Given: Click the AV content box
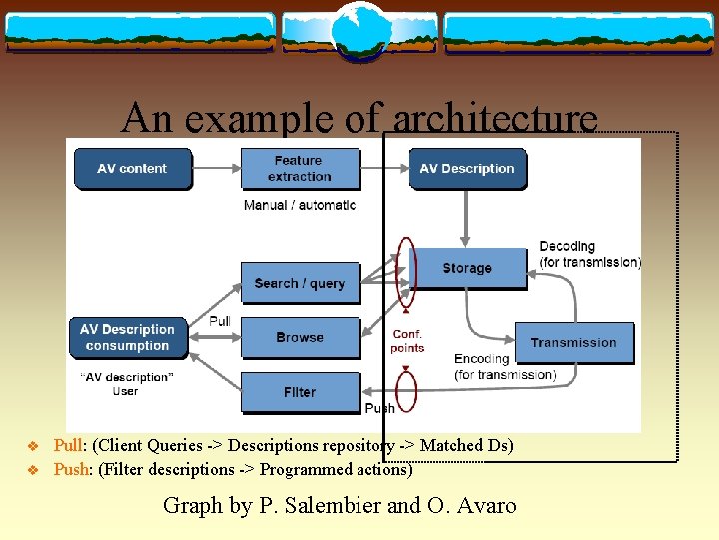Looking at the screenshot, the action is [x=133, y=169].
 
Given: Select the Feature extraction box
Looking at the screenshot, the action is [x=301, y=169].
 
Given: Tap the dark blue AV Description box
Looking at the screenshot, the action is [x=468, y=169].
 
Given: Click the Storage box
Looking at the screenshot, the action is [x=471, y=269].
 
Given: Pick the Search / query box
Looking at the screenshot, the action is [x=301, y=283].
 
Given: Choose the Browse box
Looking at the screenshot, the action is [x=301, y=338].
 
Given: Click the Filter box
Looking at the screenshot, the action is [x=301, y=393].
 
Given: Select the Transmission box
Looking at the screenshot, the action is [x=575, y=343].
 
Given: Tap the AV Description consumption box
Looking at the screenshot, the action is [x=129, y=338].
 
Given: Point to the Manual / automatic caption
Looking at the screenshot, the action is [x=300, y=205].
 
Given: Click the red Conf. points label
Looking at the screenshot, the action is [x=407, y=341].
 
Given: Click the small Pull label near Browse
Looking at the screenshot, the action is [x=219, y=321].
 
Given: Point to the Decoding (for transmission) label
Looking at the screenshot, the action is [x=590, y=254].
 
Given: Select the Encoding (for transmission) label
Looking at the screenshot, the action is [x=505, y=367].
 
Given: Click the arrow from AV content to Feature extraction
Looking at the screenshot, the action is [x=217, y=169].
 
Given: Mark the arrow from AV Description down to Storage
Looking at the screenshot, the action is [x=465, y=219].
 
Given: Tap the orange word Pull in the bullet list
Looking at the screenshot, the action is [x=68, y=445].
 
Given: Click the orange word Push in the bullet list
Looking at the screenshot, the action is [x=71, y=469].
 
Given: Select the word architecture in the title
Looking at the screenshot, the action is [x=495, y=118].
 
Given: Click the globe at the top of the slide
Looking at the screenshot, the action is [x=360, y=31].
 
